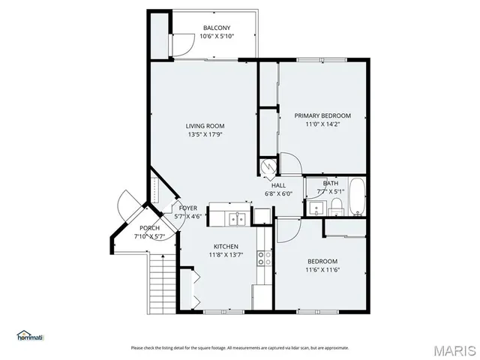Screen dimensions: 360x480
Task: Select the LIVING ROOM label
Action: click(205, 126)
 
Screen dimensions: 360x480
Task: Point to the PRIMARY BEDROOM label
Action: click(322, 115)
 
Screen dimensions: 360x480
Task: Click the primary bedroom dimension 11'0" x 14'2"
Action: click(322, 124)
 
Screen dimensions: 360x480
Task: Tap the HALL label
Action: click(278, 185)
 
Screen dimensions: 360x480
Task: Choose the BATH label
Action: click(331, 183)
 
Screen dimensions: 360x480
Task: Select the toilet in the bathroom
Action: click(337, 205)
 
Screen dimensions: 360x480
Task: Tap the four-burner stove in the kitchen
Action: click(263, 259)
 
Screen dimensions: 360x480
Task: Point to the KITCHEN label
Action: click(226, 247)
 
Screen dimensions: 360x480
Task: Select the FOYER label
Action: click(187, 208)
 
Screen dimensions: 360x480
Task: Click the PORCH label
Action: click(148, 228)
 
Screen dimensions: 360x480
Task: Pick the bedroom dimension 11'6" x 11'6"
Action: click(322, 270)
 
